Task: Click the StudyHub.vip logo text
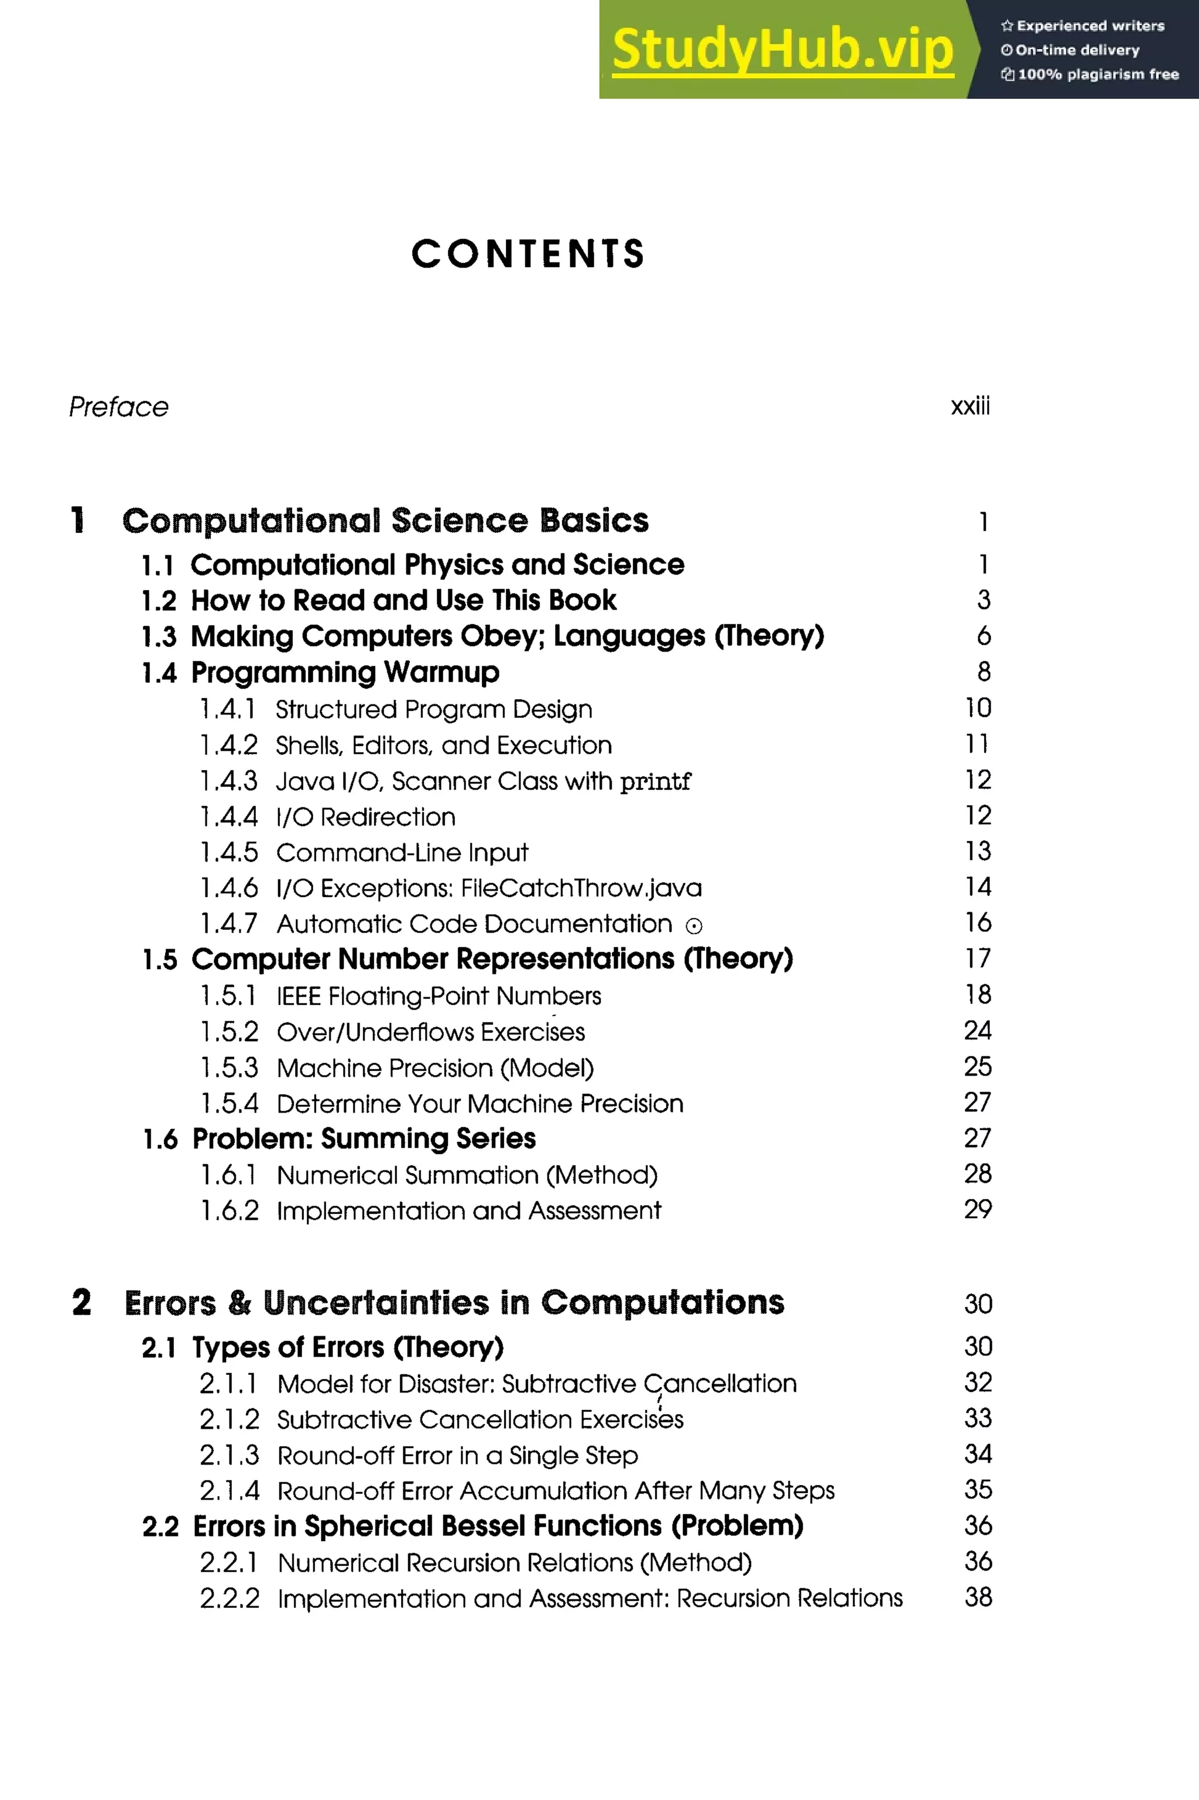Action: pos(782,49)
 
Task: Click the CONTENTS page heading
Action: pos(527,254)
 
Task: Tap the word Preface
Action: pos(118,407)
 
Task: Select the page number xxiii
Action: pos(970,406)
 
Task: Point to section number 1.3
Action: pos(159,636)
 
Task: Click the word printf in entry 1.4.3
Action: pos(655,782)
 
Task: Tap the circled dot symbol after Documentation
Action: pos(694,926)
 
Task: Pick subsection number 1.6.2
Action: pos(229,1210)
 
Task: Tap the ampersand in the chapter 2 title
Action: pos(239,1303)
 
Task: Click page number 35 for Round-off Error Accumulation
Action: pos(978,1490)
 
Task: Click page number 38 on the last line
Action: pos(978,1597)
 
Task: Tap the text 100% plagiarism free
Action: pos(1097,74)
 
